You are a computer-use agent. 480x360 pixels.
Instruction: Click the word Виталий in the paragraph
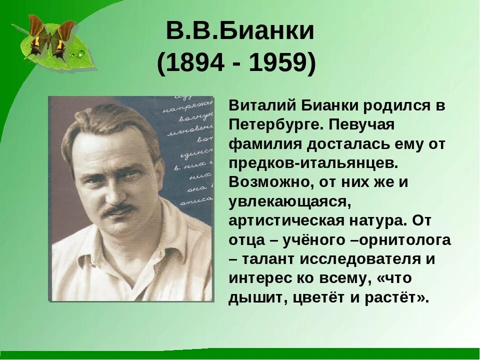click(256, 105)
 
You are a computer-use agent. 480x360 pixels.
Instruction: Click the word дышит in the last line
click(252, 297)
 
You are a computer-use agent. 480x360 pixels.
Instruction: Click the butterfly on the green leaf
click(50, 37)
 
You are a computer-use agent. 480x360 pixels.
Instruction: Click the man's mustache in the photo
click(118, 208)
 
